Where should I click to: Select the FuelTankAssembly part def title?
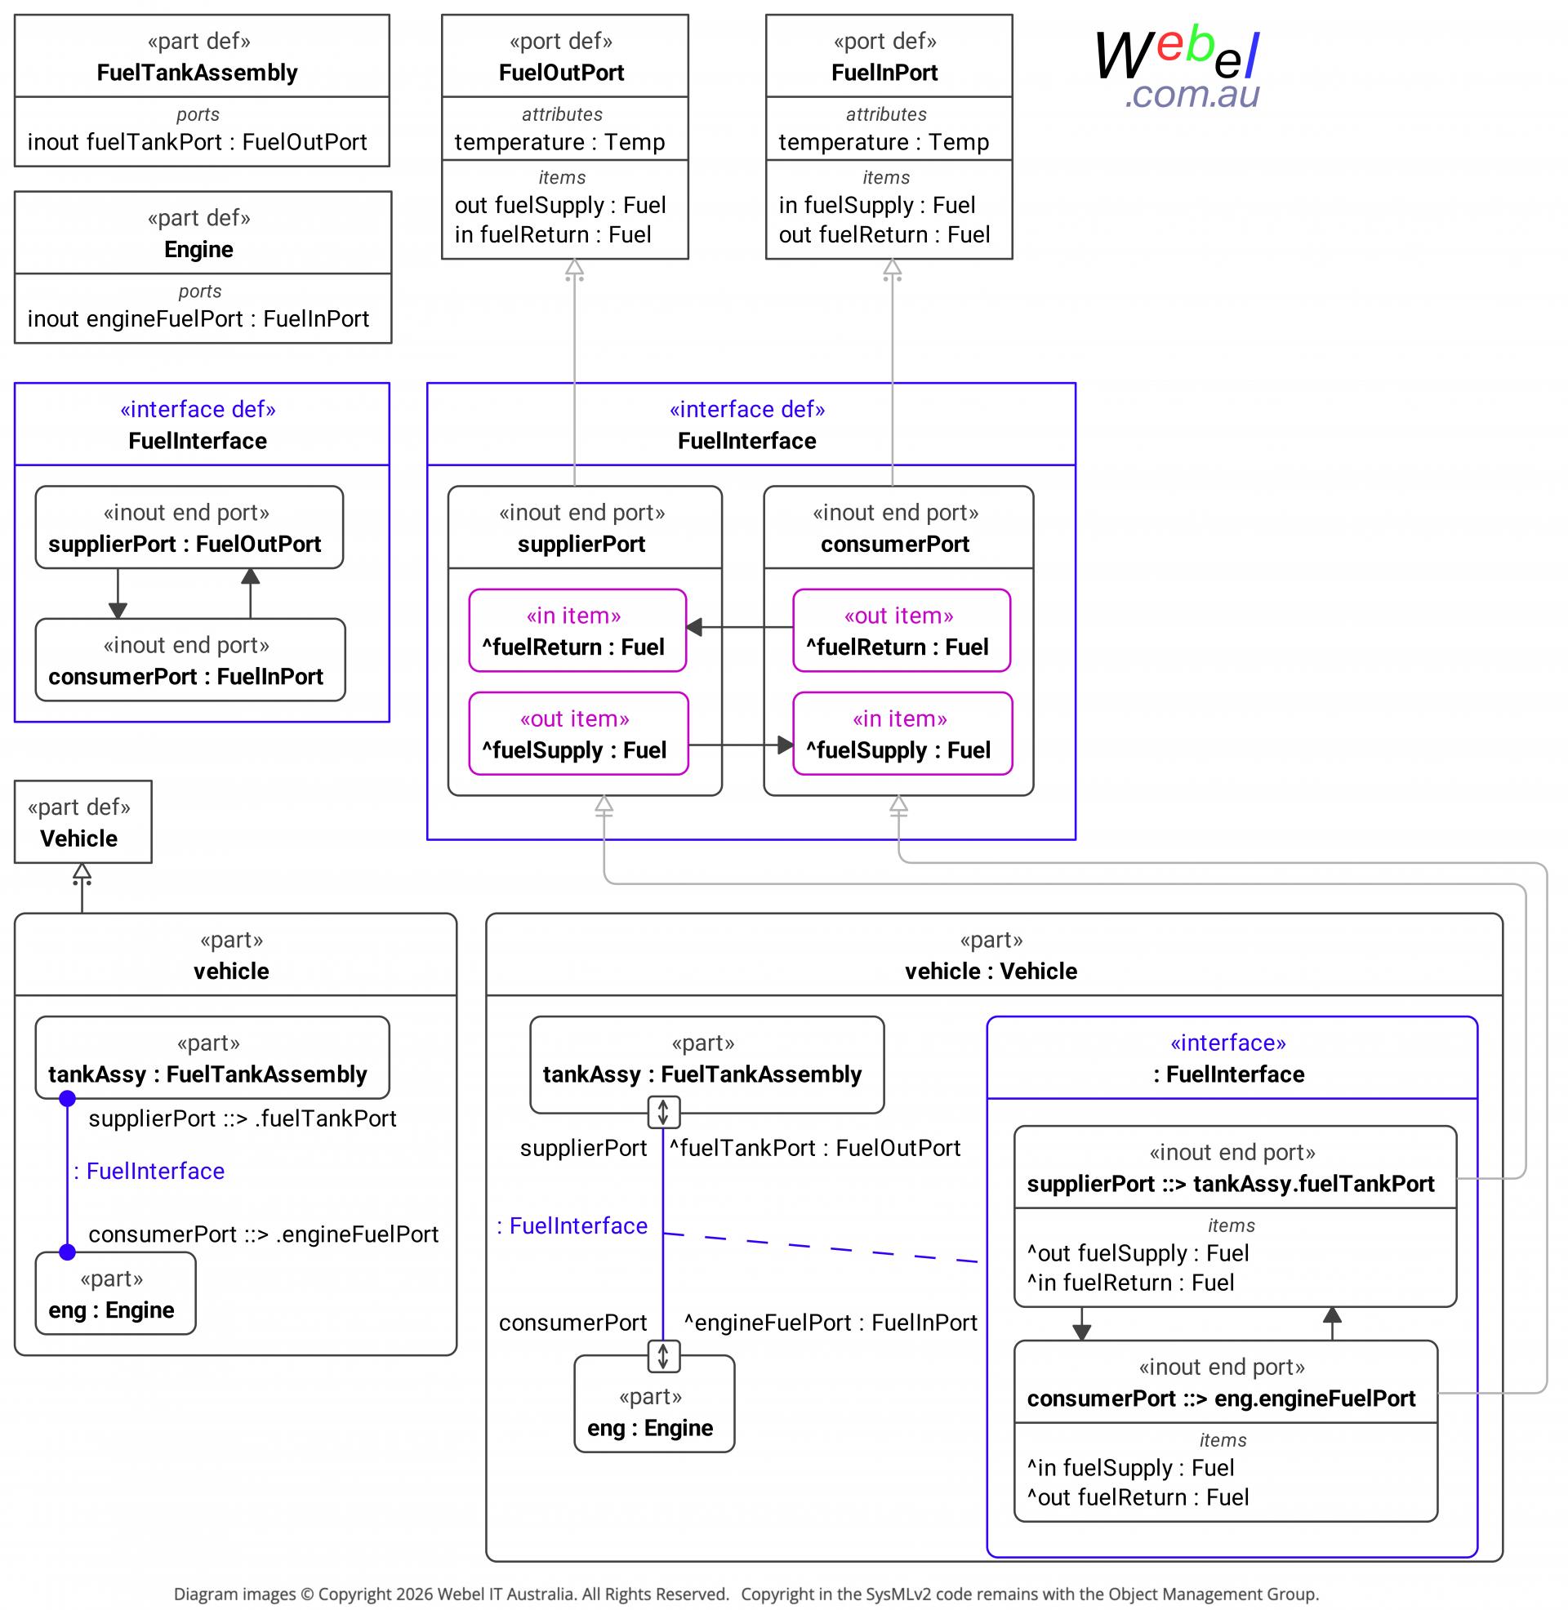click(x=197, y=73)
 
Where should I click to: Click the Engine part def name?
click(x=198, y=249)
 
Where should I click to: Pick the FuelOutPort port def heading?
click(x=562, y=73)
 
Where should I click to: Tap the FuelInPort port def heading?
click(x=884, y=73)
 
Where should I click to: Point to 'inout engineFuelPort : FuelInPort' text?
click(x=198, y=318)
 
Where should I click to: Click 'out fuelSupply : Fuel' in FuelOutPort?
click(x=560, y=205)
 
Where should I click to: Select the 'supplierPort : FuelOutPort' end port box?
click(x=189, y=527)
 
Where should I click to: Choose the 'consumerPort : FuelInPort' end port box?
click(x=190, y=660)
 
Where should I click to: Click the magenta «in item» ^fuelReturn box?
click(x=577, y=630)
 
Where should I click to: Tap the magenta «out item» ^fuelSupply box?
click(x=578, y=733)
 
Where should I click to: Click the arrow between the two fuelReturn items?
click(x=740, y=627)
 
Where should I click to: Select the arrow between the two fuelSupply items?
click(x=742, y=745)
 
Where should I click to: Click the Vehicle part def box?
click(x=83, y=821)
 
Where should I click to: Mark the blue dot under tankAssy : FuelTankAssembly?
click(x=68, y=1098)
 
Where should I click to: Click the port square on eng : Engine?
click(x=663, y=1355)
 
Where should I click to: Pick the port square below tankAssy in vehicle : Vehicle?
click(x=663, y=1112)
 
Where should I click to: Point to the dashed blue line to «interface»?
click(x=820, y=1247)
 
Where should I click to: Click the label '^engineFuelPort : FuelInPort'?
click(x=830, y=1323)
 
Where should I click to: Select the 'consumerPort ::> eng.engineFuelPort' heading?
click(x=1221, y=1399)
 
